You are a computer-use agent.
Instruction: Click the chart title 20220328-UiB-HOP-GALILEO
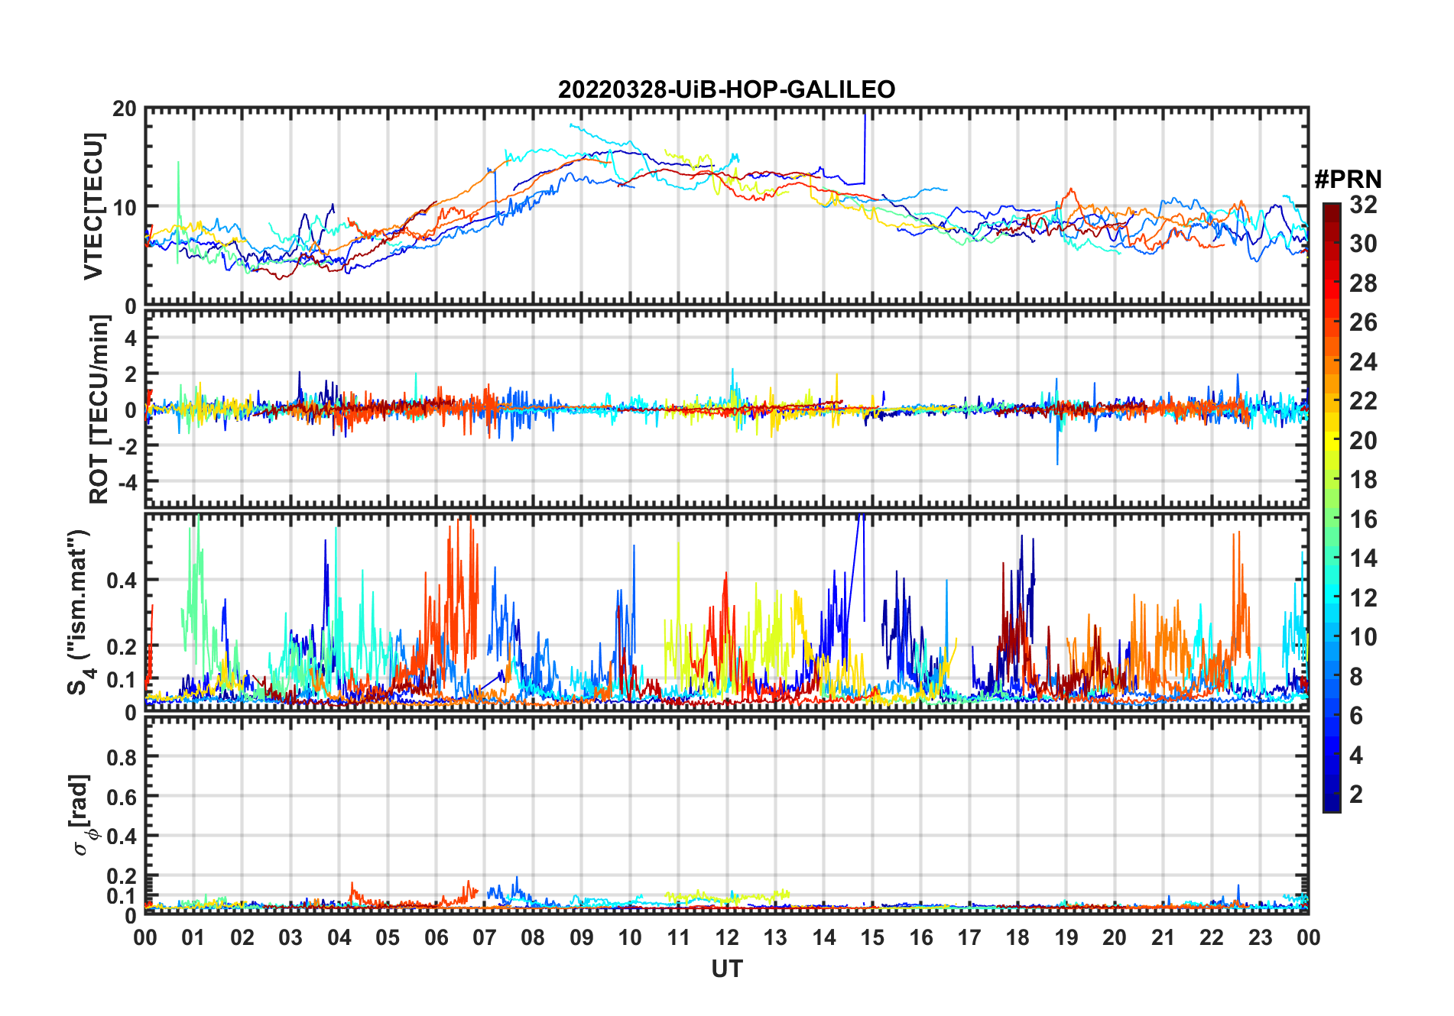pyautogui.click(x=726, y=90)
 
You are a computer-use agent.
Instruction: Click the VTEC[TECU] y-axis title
pyautogui.click(x=93, y=206)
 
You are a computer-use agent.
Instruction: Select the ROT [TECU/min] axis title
pyautogui.click(x=99, y=409)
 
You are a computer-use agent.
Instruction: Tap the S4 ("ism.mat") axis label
pyautogui.click(x=79, y=613)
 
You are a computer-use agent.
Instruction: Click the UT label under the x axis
pyautogui.click(x=726, y=969)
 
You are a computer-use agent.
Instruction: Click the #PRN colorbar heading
pyautogui.click(x=1348, y=180)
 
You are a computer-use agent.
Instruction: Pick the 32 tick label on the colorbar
pyautogui.click(x=1363, y=204)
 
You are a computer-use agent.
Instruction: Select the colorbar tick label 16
pyautogui.click(x=1363, y=519)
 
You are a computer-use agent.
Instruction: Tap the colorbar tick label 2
pyautogui.click(x=1356, y=794)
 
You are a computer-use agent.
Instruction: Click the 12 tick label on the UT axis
pyautogui.click(x=727, y=937)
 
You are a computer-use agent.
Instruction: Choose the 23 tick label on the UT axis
pyautogui.click(x=1260, y=937)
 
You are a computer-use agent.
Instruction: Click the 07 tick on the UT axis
pyautogui.click(x=485, y=937)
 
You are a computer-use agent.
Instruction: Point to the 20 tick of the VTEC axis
pyautogui.click(x=125, y=109)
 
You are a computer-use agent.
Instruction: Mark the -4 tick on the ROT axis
pyautogui.click(x=129, y=482)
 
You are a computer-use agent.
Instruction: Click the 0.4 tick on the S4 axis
pyautogui.click(x=122, y=581)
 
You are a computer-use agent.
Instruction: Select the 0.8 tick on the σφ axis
pyautogui.click(x=122, y=758)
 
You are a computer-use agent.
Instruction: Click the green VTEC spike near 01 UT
pyautogui.click(x=178, y=183)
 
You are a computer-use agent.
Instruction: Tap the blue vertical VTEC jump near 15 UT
pyautogui.click(x=865, y=149)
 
